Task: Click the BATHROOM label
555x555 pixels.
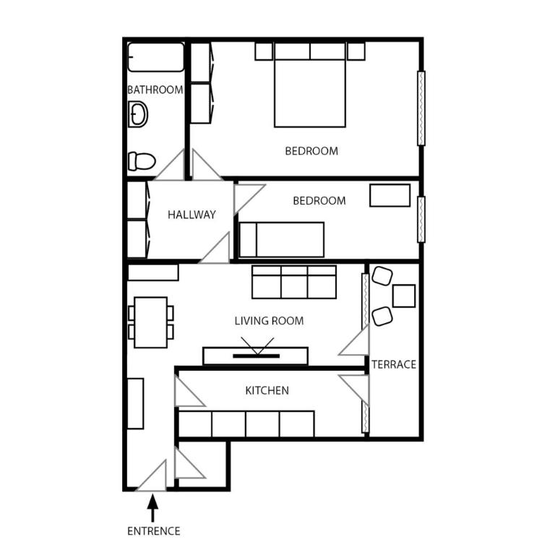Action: coord(155,90)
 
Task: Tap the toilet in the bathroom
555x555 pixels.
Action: coord(142,161)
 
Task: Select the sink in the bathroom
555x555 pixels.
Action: coord(138,114)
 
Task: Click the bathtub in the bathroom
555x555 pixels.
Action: coord(156,57)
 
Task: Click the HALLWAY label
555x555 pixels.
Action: coord(192,215)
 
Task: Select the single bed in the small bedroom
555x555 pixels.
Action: coord(282,239)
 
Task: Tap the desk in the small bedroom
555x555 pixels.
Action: coord(390,195)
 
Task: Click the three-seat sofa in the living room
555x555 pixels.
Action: coord(294,282)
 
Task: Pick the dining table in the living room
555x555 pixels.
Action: coord(150,322)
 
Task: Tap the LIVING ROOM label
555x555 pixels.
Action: coord(269,321)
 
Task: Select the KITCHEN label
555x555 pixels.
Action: coord(267,391)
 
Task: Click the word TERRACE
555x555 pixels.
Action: coord(394,364)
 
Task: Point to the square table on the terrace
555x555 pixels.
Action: coord(404,296)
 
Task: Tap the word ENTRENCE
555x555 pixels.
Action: coord(153,531)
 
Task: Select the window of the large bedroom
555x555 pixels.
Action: coord(421,108)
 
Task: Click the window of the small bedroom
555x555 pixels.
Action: coord(421,219)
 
